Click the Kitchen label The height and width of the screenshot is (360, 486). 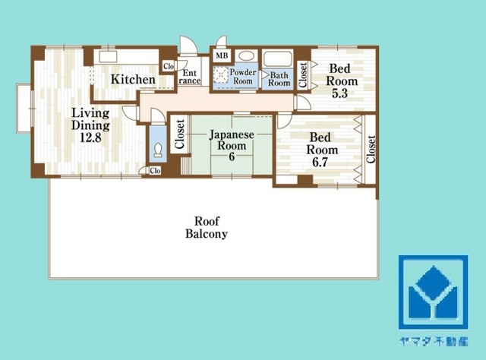coord(133,80)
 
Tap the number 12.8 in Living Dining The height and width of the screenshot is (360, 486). coord(90,137)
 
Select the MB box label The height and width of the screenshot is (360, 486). coord(222,55)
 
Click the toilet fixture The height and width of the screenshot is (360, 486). coord(158,150)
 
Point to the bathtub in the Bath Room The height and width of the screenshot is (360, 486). coord(277,59)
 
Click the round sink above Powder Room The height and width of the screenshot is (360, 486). coord(246,55)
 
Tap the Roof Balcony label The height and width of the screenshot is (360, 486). coord(207,227)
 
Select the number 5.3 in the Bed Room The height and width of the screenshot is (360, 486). coord(339,93)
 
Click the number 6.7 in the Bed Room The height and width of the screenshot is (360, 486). coord(320,163)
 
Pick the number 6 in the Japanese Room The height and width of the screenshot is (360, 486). coord(232,156)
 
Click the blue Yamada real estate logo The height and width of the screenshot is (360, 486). coord(433,292)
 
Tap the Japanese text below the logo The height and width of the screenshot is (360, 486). coord(434,341)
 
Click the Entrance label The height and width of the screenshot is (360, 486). coord(189,77)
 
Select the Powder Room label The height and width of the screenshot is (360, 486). coord(243,77)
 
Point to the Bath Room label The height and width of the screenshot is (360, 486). coord(279,79)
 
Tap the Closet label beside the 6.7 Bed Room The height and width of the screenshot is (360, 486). coord(371,149)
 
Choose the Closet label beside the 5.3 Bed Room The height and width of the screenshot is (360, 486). coord(303,75)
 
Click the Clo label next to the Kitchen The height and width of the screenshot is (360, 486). coord(169,66)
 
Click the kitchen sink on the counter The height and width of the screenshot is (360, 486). coord(108,57)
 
